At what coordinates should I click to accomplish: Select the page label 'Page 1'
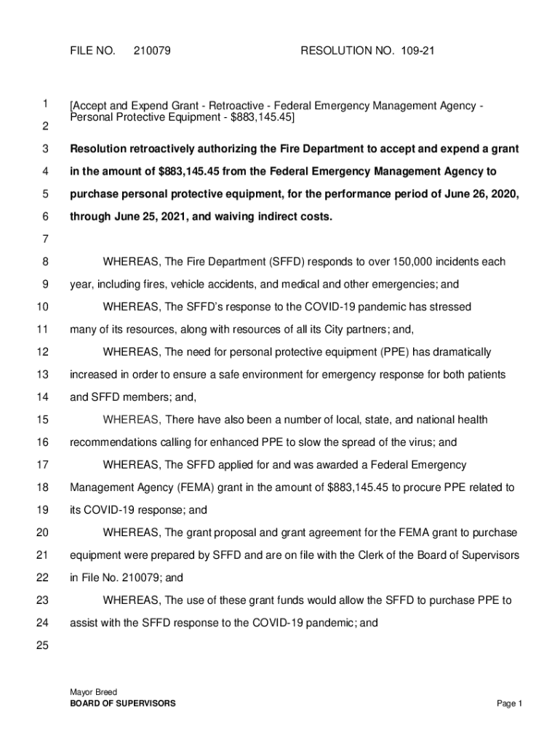click(x=510, y=704)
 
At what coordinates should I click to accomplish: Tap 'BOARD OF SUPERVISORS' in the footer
click(x=122, y=704)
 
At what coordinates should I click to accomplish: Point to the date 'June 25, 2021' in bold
click(x=143, y=217)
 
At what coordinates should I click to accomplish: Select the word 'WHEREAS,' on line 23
click(x=132, y=600)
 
